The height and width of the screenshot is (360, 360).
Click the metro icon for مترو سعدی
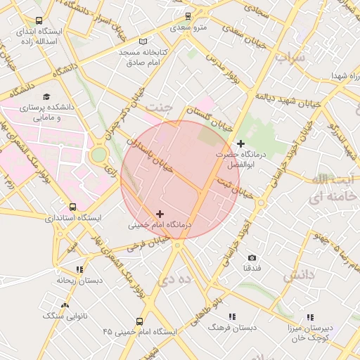tap(187, 15)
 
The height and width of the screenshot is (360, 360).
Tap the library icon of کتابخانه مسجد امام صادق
tap(143, 41)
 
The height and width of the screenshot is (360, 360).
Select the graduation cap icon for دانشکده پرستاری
tap(46, 97)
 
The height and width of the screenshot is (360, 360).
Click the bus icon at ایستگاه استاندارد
tap(72, 207)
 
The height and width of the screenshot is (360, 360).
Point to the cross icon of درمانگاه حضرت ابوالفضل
tap(240, 143)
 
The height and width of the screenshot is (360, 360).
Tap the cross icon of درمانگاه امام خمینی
tap(160, 214)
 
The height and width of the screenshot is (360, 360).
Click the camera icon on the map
tap(252, 258)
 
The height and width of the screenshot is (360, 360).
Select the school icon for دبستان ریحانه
tap(79, 269)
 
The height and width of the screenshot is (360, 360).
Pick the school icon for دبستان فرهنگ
tap(232, 316)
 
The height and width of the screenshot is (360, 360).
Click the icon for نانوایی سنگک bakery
tap(65, 305)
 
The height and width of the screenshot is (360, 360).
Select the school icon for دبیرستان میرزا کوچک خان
tap(310, 317)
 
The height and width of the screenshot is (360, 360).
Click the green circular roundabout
tap(98, 154)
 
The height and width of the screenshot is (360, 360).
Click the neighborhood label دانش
tap(297, 276)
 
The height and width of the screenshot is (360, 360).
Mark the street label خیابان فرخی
tap(146, 244)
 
